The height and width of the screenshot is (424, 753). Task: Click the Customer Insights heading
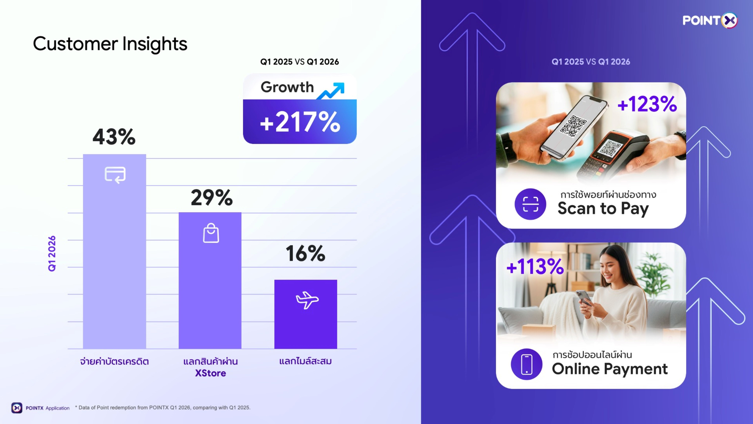click(x=110, y=44)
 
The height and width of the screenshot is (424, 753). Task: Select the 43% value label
click(x=114, y=137)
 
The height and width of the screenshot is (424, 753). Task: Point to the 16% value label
click(x=306, y=253)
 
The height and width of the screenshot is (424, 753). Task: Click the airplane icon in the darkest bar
click(x=307, y=300)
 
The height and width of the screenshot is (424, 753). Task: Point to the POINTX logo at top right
click(x=710, y=20)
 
